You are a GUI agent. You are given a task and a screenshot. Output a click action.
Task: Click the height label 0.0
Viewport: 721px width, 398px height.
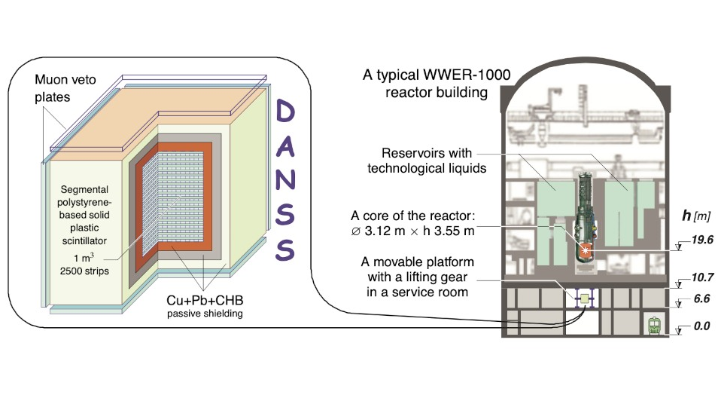(696, 326)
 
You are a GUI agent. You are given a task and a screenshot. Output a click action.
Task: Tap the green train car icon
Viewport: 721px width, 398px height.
(654, 326)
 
